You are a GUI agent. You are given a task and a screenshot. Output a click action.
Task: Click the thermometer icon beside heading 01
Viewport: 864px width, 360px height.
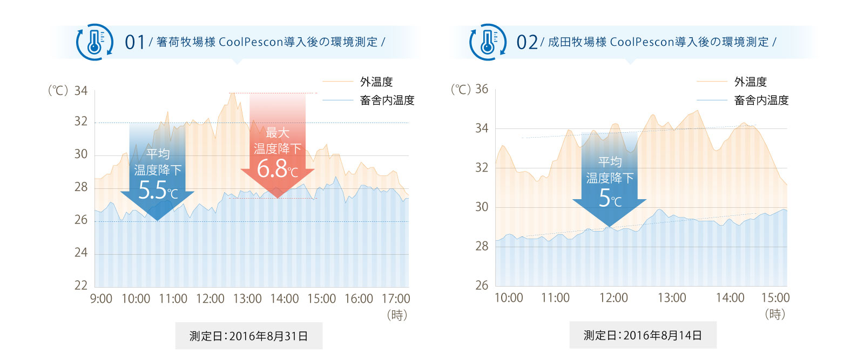(x=94, y=42)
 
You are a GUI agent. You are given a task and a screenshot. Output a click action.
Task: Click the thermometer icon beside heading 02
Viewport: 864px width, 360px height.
(x=488, y=42)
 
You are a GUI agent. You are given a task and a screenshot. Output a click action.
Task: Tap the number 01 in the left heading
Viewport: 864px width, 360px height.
(x=135, y=42)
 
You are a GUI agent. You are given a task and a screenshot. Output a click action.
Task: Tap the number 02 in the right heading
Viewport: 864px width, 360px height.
(x=527, y=42)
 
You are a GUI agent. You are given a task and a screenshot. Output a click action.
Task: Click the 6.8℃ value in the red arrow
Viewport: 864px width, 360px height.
(x=277, y=169)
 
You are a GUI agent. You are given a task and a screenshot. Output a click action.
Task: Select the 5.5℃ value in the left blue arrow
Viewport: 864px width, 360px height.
(x=157, y=191)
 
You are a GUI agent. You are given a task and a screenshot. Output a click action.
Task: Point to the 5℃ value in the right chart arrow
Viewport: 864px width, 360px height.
(x=610, y=199)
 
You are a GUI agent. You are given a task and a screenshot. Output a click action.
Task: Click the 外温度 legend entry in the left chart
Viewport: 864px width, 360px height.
(x=376, y=81)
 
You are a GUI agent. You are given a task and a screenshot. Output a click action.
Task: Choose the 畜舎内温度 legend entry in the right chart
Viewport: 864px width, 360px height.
(x=761, y=100)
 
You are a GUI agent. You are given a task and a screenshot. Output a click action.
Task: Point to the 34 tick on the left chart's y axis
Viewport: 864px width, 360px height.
(x=81, y=91)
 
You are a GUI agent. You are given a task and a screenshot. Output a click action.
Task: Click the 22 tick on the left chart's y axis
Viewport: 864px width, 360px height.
(x=81, y=285)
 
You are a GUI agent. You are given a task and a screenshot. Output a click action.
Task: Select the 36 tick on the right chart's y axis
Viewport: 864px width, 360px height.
(x=482, y=89)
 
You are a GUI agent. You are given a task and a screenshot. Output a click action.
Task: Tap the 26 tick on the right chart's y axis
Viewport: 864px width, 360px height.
(x=482, y=285)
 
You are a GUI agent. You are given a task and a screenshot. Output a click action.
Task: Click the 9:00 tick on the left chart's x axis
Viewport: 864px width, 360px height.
(x=101, y=298)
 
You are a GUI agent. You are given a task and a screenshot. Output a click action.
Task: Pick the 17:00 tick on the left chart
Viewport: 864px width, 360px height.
(x=396, y=298)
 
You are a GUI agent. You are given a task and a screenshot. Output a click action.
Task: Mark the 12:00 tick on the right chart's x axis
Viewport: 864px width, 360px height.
(x=613, y=297)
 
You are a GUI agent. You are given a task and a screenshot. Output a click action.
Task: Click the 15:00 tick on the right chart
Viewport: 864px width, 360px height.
(x=775, y=297)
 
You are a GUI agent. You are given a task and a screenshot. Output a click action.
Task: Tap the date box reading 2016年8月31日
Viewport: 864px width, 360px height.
(x=249, y=336)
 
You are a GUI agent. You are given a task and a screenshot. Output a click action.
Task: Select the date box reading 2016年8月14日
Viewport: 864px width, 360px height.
(x=643, y=335)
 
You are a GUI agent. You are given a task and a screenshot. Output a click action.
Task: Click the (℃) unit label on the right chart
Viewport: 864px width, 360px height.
(x=461, y=89)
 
